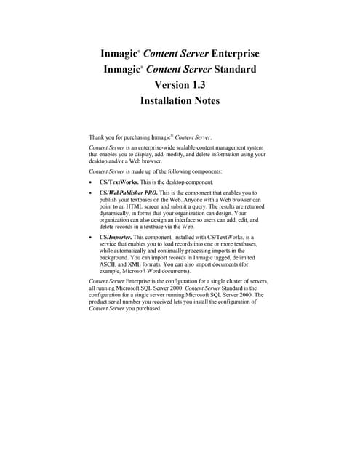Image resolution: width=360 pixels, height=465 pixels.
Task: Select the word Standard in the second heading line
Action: [235, 70]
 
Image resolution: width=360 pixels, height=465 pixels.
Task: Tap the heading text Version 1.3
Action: [180, 86]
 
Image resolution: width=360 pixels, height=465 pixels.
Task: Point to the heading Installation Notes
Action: [180, 102]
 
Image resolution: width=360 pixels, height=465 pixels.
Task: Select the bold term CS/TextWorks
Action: [123, 182]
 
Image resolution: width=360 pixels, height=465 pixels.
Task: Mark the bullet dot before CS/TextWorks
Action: [90, 182]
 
